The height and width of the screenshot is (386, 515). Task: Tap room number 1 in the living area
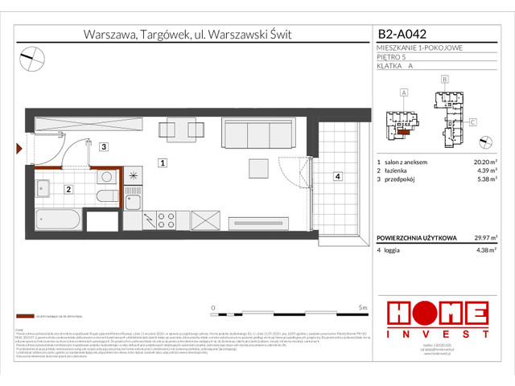[x=163, y=163]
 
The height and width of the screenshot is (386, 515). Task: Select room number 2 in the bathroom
[x=68, y=190]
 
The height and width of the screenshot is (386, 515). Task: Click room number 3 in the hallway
[x=104, y=147]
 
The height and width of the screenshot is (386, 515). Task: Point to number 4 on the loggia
[x=338, y=176]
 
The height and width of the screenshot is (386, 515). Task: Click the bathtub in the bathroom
[x=58, y=219]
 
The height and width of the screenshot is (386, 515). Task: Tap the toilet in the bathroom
[x=105, y=197]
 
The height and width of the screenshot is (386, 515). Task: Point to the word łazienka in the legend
[x=398, y=170]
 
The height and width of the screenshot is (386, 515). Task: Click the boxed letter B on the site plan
[x=443, y=80]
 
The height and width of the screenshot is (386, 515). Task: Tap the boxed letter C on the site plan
[x=472, y=121]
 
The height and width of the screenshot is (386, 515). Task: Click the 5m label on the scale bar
[x=363, y=308]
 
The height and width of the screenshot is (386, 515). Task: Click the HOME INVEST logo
[x=437, y=319]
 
